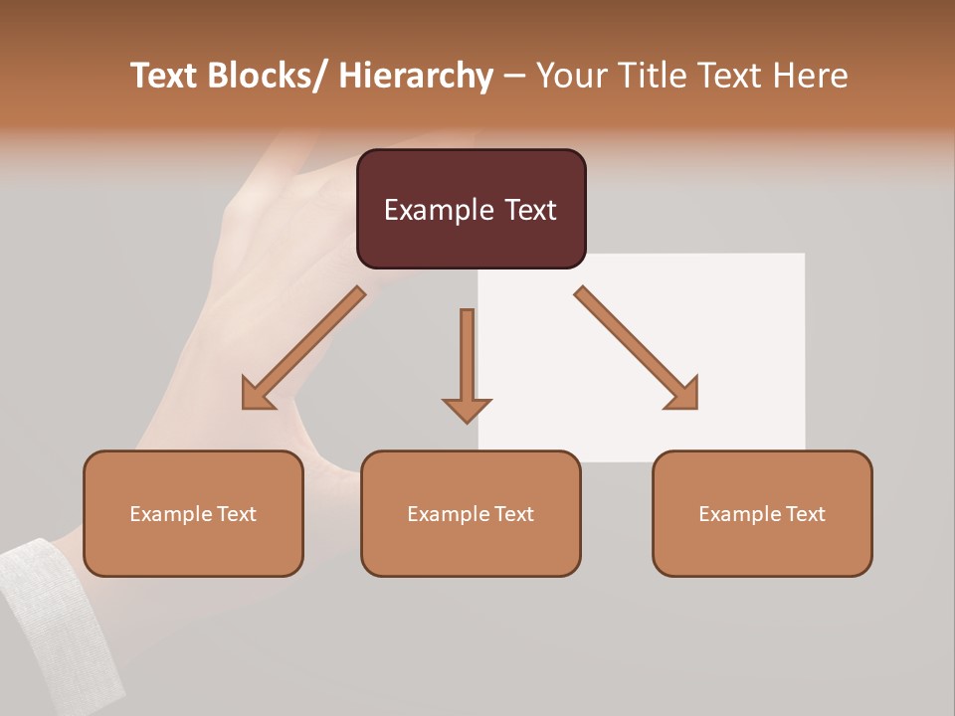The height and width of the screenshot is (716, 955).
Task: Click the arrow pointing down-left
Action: coord(303,348)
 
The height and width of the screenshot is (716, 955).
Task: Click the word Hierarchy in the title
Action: coord(416,76)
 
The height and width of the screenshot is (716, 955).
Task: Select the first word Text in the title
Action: coord(166,76)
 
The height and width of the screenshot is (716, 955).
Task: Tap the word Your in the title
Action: coord(572,76)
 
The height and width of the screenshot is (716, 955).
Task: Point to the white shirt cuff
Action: coord(60,617)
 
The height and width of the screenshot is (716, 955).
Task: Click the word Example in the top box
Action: coord(425,210)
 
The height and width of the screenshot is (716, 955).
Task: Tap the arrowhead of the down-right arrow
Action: coord(682,394)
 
